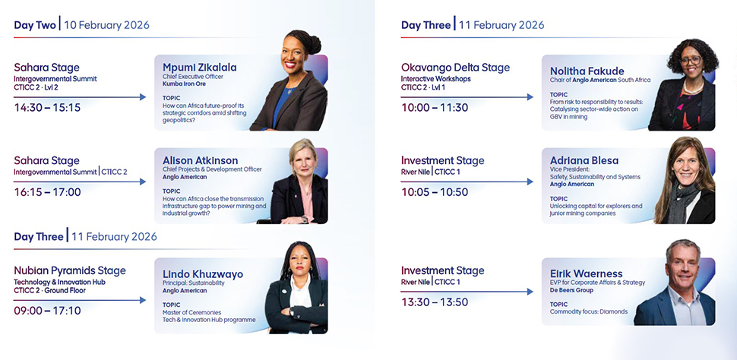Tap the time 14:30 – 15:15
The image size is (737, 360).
(x=47, y=108)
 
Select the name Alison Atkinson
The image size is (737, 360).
(x=201, y=161)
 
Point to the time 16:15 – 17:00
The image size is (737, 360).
(x=47, y=192)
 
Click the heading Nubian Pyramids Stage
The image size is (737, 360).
(x=70, y=270)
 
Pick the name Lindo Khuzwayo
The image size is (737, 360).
(x=203, y=274)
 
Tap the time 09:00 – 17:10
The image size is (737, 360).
(x=47, y=311)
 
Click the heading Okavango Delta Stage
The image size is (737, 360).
(x=455, y=68)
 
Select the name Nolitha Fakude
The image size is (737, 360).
(x=587, y=71)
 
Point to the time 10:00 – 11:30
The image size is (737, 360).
(x=435, y=108)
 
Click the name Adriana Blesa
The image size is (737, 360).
(x=584, y=161)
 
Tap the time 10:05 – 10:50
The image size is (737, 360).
(x=435, y=192)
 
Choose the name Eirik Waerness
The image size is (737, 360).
(x=586, y=274)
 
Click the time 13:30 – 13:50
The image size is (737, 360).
(x=435, y=302)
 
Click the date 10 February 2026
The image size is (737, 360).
(x=106, y=25)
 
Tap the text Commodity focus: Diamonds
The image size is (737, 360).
(x=589, y=311)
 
